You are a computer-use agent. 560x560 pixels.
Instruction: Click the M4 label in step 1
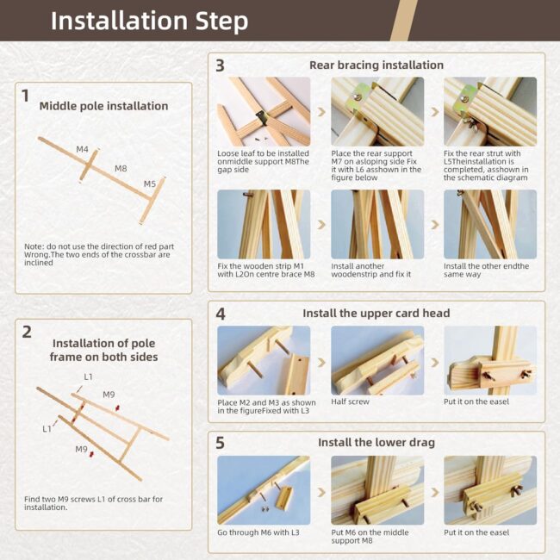(82, 149)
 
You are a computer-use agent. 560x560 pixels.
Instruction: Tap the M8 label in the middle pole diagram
(121, 169)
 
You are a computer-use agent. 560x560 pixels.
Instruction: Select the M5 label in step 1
(150, 184)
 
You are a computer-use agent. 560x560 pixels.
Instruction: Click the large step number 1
(25, 96)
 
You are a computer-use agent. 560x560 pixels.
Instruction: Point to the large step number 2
(27, 333)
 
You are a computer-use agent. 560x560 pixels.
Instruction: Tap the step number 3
(220, 65)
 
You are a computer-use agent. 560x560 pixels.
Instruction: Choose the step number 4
(221, 314)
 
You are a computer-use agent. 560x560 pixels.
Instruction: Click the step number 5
(220, 443)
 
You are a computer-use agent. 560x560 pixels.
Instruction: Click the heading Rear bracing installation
(376, 65)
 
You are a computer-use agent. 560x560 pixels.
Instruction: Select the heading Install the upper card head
(376, 314)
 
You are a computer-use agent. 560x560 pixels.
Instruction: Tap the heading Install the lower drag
(376, 443)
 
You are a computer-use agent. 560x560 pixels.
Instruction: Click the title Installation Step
(149, 21)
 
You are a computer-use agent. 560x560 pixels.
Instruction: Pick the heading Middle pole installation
(103, 106)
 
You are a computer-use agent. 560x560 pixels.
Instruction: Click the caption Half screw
(350, 401)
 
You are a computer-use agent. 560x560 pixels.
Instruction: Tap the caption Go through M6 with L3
(258, 532)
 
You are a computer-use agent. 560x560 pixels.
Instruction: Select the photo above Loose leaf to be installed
(264, 111)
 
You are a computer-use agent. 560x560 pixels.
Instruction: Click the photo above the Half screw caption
(377, 360)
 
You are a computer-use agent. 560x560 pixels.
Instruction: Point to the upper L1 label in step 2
(88, 376)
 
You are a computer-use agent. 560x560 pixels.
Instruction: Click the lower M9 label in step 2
(82, 449)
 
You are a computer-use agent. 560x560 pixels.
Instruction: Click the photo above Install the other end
(490, 224)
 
